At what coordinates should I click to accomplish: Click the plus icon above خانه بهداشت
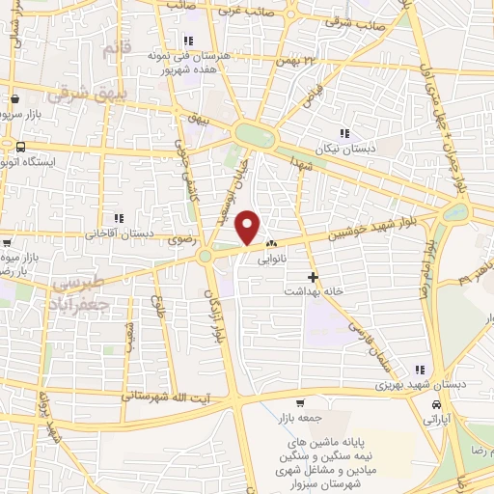tap(312, 277)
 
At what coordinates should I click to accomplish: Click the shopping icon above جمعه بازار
tap(301, 403)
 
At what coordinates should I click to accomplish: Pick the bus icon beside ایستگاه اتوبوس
tap(21, 146)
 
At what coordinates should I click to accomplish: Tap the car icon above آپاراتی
tap(437, 405)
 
